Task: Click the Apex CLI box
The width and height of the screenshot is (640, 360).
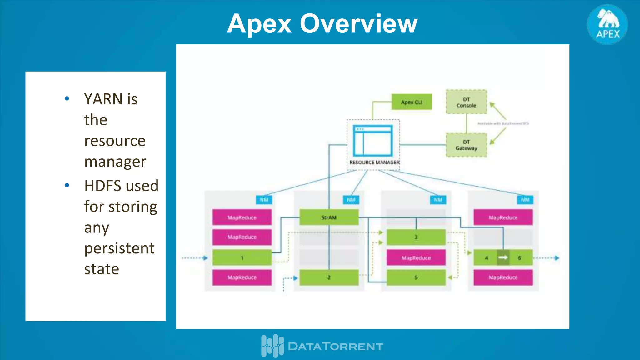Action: click(x=412, y=102)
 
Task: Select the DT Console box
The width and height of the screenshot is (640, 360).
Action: click(x=466, y=102)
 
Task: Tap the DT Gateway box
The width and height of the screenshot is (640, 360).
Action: click(x=466, y=145)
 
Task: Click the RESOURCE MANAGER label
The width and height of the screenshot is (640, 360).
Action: click(x=374, y=162)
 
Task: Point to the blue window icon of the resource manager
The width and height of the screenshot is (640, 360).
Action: click(x=373, y=141)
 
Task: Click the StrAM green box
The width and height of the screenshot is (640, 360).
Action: click(x=329, y=217)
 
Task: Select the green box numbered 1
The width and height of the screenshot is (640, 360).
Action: click(x=242, y=258)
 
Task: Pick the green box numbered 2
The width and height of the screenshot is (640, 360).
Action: click(x=329, y=277)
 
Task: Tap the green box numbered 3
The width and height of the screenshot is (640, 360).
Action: click(x=416, y=237)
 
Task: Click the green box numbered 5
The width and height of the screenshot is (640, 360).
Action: click(x=416, y=277)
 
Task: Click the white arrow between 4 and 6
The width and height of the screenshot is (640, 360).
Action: click(x=503, y=257)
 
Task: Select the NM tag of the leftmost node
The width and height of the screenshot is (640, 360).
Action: click(x=264, y=200)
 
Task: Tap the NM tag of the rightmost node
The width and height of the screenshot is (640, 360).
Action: click(x=525, y=200)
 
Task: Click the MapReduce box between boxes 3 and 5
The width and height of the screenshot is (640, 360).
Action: click(x=416, y=258)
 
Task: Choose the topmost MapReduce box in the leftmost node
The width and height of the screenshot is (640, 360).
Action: click(x=242, y=217)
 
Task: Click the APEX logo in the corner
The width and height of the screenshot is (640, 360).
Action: click(x=607, y=24)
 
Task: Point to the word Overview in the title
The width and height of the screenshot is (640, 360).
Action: click(x=358, y=24)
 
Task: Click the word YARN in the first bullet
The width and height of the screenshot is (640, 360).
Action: click(x=103, y=99)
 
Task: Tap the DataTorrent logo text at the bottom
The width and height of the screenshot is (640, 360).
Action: click(x=335, y=346)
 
